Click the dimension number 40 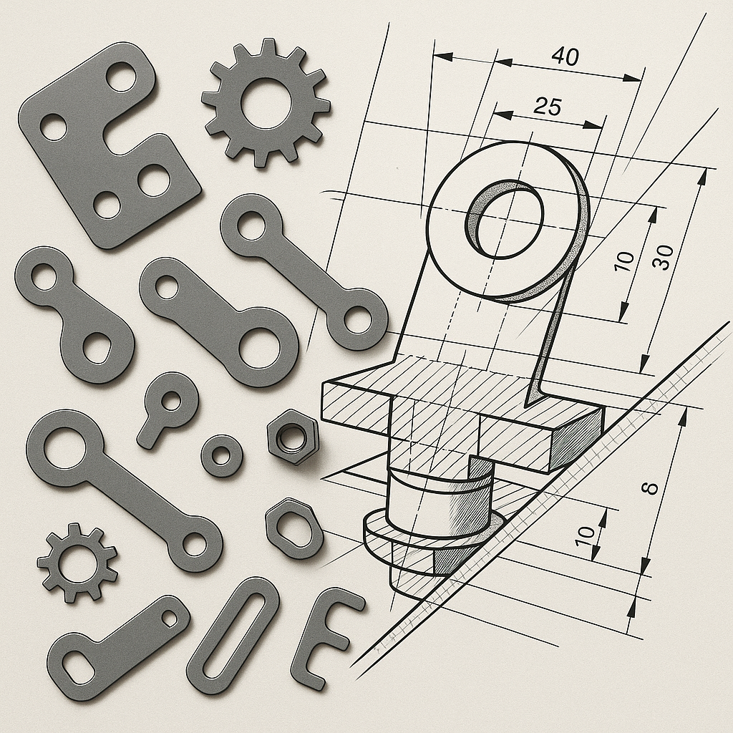565,56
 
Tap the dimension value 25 547,107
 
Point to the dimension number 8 650,488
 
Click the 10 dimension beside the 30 624,261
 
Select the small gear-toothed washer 77,563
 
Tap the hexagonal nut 293,436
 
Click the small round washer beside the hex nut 222,455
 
